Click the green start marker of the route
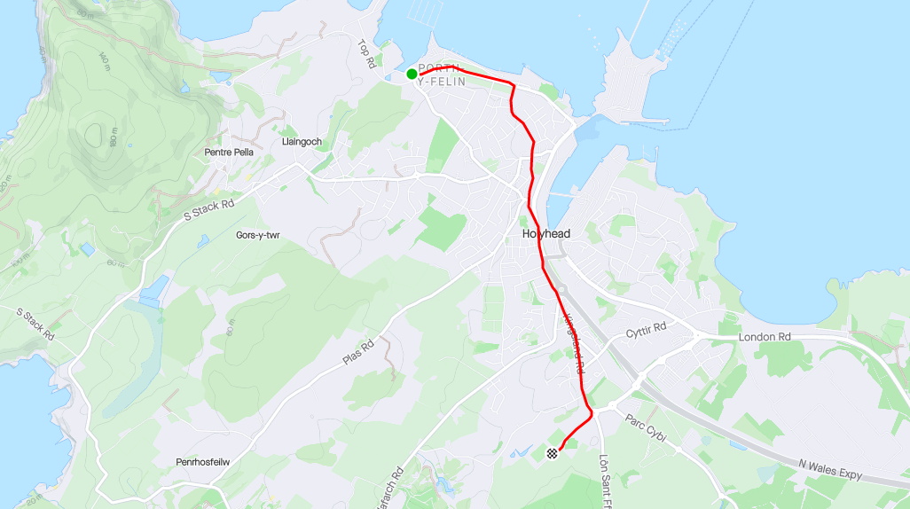pos(412,74)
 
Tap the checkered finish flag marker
pos(553,453)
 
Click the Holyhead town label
pos(545,234)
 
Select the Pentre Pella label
pos(229,153)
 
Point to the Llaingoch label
pos(301,142)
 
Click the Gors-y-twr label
pos(258,235)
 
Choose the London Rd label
pos(765,337)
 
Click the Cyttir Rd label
pos(646,331)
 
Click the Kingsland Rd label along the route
pos(575,342)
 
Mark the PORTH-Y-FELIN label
pos(442,75)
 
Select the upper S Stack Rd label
pos(208,209)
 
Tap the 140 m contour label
pos(104,63)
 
